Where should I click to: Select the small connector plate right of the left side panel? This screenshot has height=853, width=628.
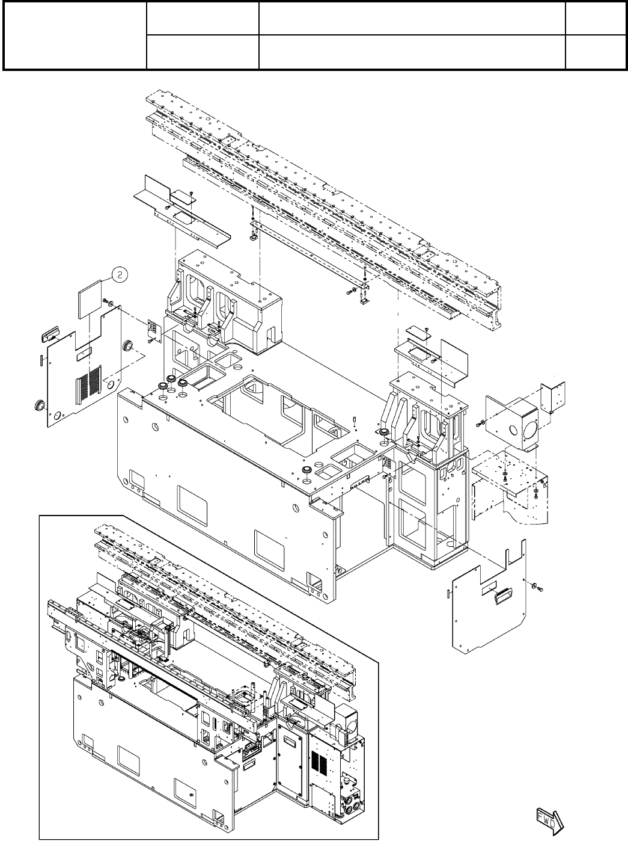point(153,330)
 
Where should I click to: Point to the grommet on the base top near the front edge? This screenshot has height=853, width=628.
point(306,468)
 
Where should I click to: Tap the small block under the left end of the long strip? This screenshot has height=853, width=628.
point(253,236)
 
